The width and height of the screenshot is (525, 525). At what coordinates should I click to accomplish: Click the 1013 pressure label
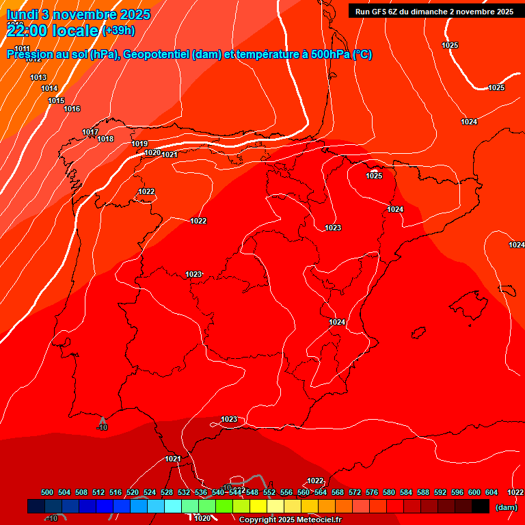coord(38,77)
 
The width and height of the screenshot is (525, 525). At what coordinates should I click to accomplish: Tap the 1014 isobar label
coord(49,88)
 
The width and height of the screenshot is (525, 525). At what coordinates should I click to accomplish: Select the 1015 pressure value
coord(56,100)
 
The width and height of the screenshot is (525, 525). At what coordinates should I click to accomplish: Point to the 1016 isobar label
coord(72,109)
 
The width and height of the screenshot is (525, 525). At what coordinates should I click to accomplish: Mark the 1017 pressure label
coord(90,132)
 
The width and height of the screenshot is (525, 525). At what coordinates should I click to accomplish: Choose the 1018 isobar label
coord(105,139)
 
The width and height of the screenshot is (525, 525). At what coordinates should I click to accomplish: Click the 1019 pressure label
coord(139,144)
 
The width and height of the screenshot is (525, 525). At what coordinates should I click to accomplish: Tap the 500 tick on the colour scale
coord(47,492)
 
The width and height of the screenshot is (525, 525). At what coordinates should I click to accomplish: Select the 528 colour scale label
coord(167,492)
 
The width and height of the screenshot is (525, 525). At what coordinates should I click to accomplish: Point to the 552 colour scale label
coord(269,492)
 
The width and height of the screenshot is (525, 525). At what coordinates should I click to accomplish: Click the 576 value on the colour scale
coord(372,492)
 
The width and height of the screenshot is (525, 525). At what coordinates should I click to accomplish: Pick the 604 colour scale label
coord(492,492)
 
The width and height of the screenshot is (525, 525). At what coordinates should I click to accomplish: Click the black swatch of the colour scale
coord(481,506)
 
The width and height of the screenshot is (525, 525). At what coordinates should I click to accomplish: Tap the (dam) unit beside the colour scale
coord(506,507)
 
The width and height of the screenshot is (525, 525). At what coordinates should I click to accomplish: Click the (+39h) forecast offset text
coord(118,31)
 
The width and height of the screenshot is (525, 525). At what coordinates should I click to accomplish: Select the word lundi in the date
coord(22,14)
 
